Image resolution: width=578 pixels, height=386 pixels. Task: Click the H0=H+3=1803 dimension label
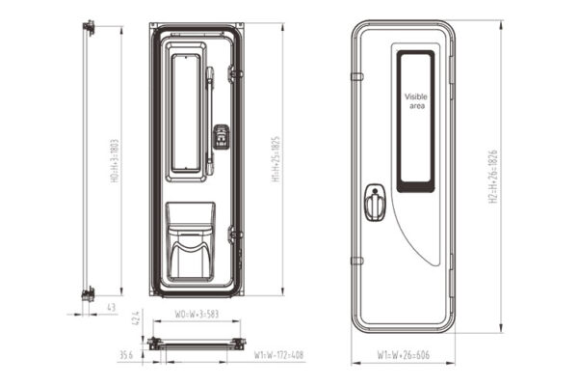pos(115,160)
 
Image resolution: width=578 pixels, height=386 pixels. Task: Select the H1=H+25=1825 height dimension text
pos(276,159)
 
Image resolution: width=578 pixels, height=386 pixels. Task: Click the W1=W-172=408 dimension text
pos(278,355)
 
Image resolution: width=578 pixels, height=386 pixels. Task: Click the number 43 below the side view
pos(112,308)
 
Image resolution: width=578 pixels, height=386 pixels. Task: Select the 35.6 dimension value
pos(125,355)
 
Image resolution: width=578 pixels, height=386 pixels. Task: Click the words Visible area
pos(415,101)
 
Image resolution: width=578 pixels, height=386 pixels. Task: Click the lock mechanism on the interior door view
pos(221,137)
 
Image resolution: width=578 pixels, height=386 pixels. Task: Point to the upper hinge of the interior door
pos(234,73)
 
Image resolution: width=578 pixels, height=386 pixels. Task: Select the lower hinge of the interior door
pos(234,234)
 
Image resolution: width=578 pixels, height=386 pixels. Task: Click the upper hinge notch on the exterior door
pos(355,76)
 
